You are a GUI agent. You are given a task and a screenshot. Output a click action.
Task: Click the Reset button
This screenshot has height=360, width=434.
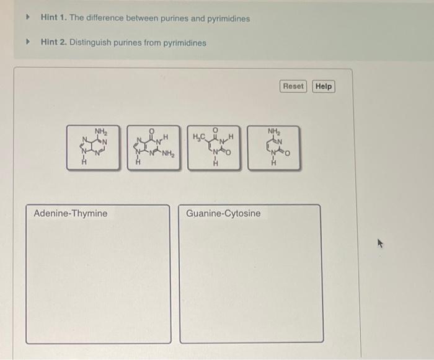[x=293, y=86]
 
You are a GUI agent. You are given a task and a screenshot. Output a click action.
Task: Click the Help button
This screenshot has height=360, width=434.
[x=324, y=86]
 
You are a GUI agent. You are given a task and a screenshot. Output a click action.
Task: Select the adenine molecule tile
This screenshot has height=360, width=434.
[x=94, y=148]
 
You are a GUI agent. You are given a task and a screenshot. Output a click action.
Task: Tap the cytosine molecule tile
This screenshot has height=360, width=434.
[x=273, y=148]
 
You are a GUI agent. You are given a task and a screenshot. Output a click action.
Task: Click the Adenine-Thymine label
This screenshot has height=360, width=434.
[x=71, y=214]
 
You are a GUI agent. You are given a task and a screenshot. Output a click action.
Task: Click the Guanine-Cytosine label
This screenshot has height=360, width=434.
[x=223, y=214]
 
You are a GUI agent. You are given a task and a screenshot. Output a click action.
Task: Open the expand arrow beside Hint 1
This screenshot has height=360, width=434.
[x=27, y=18]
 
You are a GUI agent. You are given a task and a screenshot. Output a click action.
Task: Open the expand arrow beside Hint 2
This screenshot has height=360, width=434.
[x=27, y=43]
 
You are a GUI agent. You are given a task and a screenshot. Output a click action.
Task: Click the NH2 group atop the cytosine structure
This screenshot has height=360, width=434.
[x=273, y=131]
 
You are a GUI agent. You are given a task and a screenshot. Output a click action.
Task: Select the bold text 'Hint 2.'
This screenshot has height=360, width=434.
[x=53, y=43]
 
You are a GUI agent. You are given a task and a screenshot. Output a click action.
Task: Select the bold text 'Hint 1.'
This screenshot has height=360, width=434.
[x=53, y=19]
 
